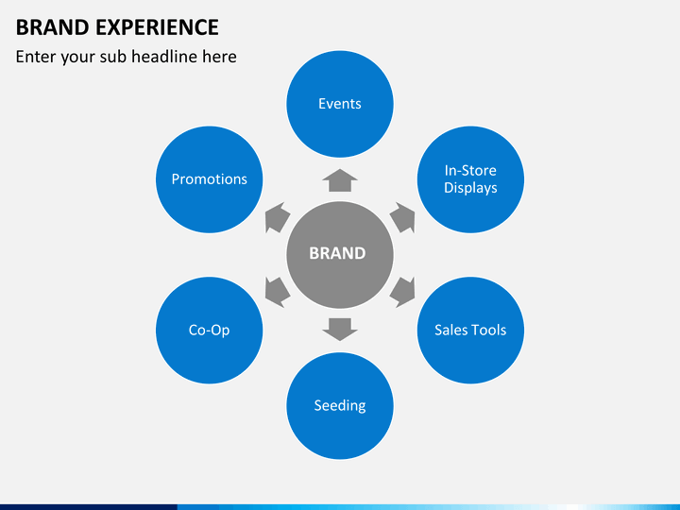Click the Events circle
pos(340,104)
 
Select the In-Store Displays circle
pos(470,179)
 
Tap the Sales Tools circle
pos(470,331)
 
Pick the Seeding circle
pos(340,406)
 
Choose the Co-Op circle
pos(209,331)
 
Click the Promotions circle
pos(209,179)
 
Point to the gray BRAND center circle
pos(339,254)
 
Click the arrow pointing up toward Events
pos(340,180)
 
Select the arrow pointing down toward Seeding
pos(340,329)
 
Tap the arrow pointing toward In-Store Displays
pos(403,217)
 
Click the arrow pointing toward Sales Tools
pos(403,291)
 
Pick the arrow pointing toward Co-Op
pos(276,291)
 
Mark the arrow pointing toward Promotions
pos(276,217)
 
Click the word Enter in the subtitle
pos(36,57)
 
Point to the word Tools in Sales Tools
pos(488,331)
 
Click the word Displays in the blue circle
pos(470,188)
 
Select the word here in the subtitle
pos(219,57)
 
